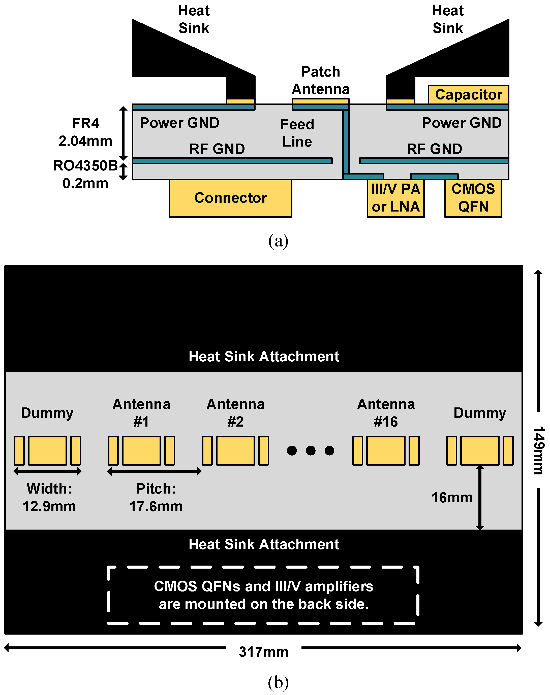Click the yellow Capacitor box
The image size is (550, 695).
coord(468,94)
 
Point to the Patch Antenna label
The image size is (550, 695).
coord(320,80)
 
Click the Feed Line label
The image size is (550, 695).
coord(297,133)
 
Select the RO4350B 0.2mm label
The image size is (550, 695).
coord(85,174)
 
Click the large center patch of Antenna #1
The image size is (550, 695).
coord(141,450)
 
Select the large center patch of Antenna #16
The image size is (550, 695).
coord(386,450)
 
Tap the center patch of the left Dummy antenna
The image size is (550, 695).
coord(47,450)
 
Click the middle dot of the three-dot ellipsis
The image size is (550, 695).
coord(311,450)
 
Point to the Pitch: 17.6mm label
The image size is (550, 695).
coord(156,497)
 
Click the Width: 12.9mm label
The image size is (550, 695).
coord(49,497)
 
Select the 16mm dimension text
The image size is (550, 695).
coord(452,498)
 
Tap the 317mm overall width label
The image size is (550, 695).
coord(263,652)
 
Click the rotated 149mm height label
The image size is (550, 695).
coord(538,450)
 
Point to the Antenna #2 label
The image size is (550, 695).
coord(235,413)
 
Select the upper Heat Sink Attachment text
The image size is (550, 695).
coord(264,356)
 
